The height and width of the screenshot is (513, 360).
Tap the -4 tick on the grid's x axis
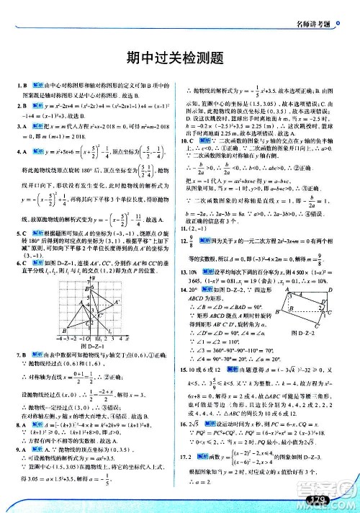[x=61, y=336]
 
